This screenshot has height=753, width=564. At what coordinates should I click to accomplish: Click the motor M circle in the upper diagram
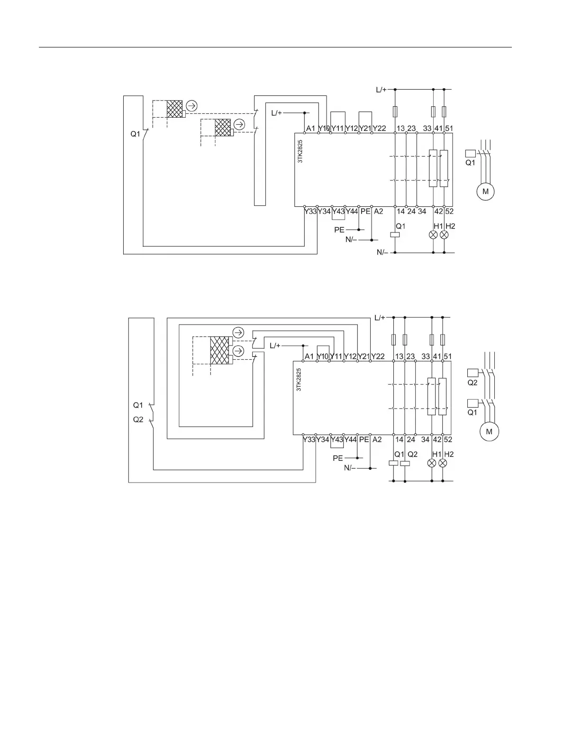click(x=485, y=192)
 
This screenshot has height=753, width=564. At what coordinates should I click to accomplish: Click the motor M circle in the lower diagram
click(x=490, y=431)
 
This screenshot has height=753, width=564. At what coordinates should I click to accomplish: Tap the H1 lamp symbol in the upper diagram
click(x=433, y=235)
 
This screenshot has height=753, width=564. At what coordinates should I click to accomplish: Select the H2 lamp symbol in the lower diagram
click(x=443, y=463)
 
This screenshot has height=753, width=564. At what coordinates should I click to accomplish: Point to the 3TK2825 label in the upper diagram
click(x=300, y=151)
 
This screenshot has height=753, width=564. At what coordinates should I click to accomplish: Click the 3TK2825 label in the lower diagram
click(x=299, y=380)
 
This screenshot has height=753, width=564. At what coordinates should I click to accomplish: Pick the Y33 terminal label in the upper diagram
click(x=310, y=212)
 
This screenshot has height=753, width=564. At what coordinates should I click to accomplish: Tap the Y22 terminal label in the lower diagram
click(x=378, y=356)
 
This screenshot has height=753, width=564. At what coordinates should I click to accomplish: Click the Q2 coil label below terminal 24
click(x=412, y=454)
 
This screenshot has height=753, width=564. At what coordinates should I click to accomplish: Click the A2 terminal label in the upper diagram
click(x=378, y=212)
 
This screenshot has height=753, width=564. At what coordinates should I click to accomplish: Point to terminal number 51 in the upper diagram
click(x=449, y=129)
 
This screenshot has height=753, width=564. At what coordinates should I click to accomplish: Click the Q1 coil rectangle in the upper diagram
click(x=395, y=234)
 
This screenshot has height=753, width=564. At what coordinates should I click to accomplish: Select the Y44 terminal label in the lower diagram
click(x=350, y=440)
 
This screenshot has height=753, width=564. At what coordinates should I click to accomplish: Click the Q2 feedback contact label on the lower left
click(x=138, y=419)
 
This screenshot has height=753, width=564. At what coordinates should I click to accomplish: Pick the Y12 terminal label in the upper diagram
click(x=351, y=129)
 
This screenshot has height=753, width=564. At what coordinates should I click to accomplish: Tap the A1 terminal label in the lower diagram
click(x=309, y=356)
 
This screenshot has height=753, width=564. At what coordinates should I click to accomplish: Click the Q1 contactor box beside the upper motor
click(x=470, y=153)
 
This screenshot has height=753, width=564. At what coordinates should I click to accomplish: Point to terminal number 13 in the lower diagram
click(x=399, y=356)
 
